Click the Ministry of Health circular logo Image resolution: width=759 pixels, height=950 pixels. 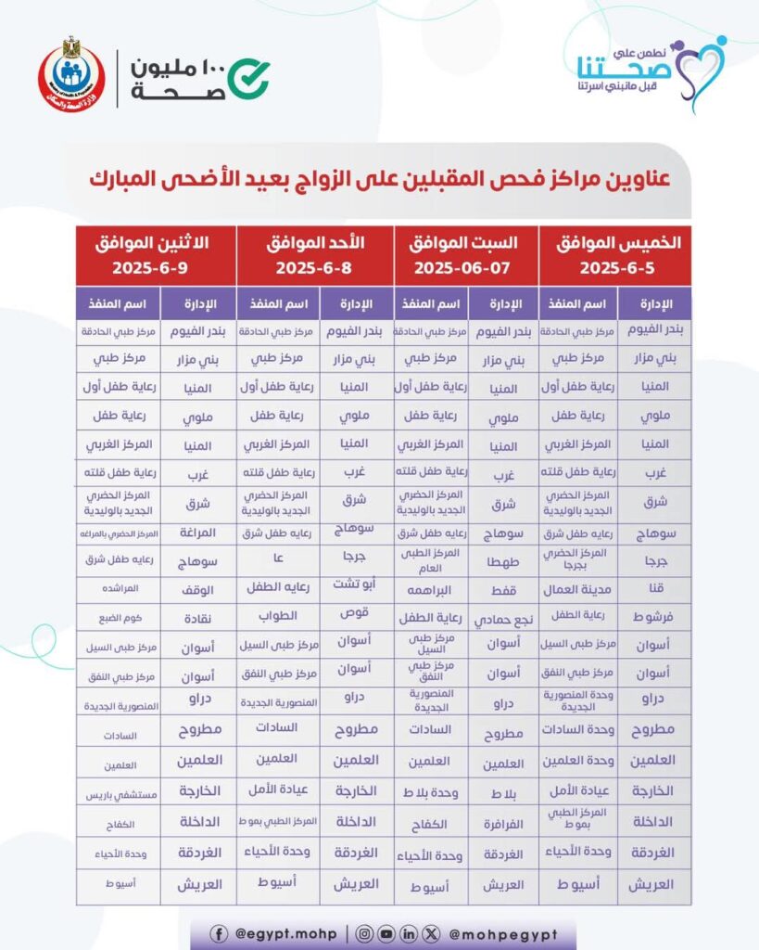(71, 74)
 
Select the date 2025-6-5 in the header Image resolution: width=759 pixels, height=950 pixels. (614, 269)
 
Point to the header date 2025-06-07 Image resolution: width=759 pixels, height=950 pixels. (466, 269)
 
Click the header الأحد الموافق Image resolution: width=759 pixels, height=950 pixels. (315, 243)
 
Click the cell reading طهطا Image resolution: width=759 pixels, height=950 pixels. (503, 561)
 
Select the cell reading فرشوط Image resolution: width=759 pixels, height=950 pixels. (653, 616)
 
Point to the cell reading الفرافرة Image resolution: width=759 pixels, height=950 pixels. (503, 822)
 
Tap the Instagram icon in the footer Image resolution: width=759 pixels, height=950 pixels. (365, 934)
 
